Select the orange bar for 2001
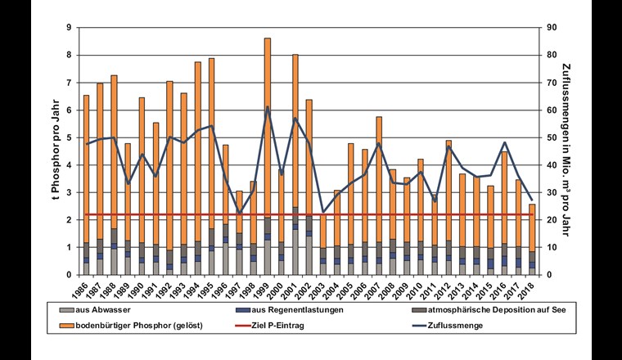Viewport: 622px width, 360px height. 295,131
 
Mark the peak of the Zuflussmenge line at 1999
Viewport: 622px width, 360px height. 267,107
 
